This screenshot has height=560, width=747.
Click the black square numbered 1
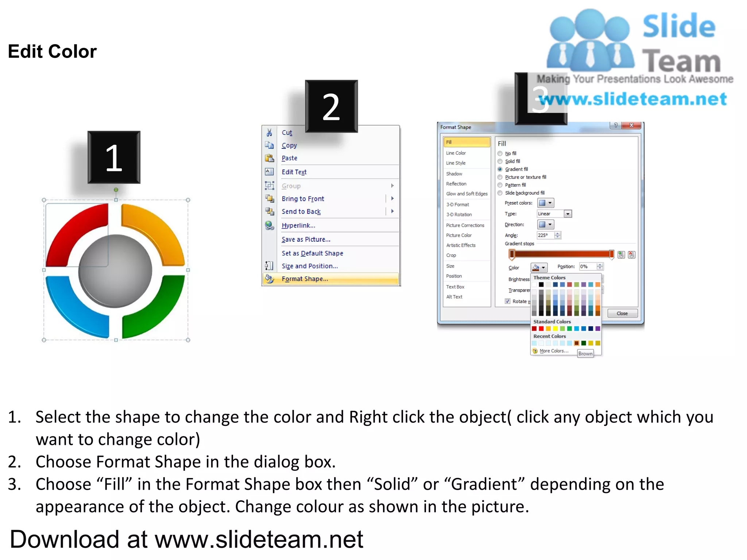click(114, 157)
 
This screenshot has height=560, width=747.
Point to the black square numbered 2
click(331, 106)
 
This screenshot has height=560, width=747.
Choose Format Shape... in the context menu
click(305, 279)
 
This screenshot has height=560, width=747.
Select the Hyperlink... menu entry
click(298, 225)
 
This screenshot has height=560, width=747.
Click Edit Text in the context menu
click(294, 172)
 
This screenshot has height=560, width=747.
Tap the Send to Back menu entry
click(301, 211)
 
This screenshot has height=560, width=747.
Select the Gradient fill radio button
click(500, 169)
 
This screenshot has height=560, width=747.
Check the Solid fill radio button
click(500, 161)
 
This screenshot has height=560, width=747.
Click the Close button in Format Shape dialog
click(622, 313)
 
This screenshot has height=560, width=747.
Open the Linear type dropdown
click(567, 214)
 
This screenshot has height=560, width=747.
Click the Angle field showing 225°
click(545, 235)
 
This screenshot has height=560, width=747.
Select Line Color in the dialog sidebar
click(456, 153)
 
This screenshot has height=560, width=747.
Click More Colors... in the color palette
click(554, 351)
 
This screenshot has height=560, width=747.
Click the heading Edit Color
click(52, 51)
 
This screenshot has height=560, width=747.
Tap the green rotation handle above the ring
click(116, 190)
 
